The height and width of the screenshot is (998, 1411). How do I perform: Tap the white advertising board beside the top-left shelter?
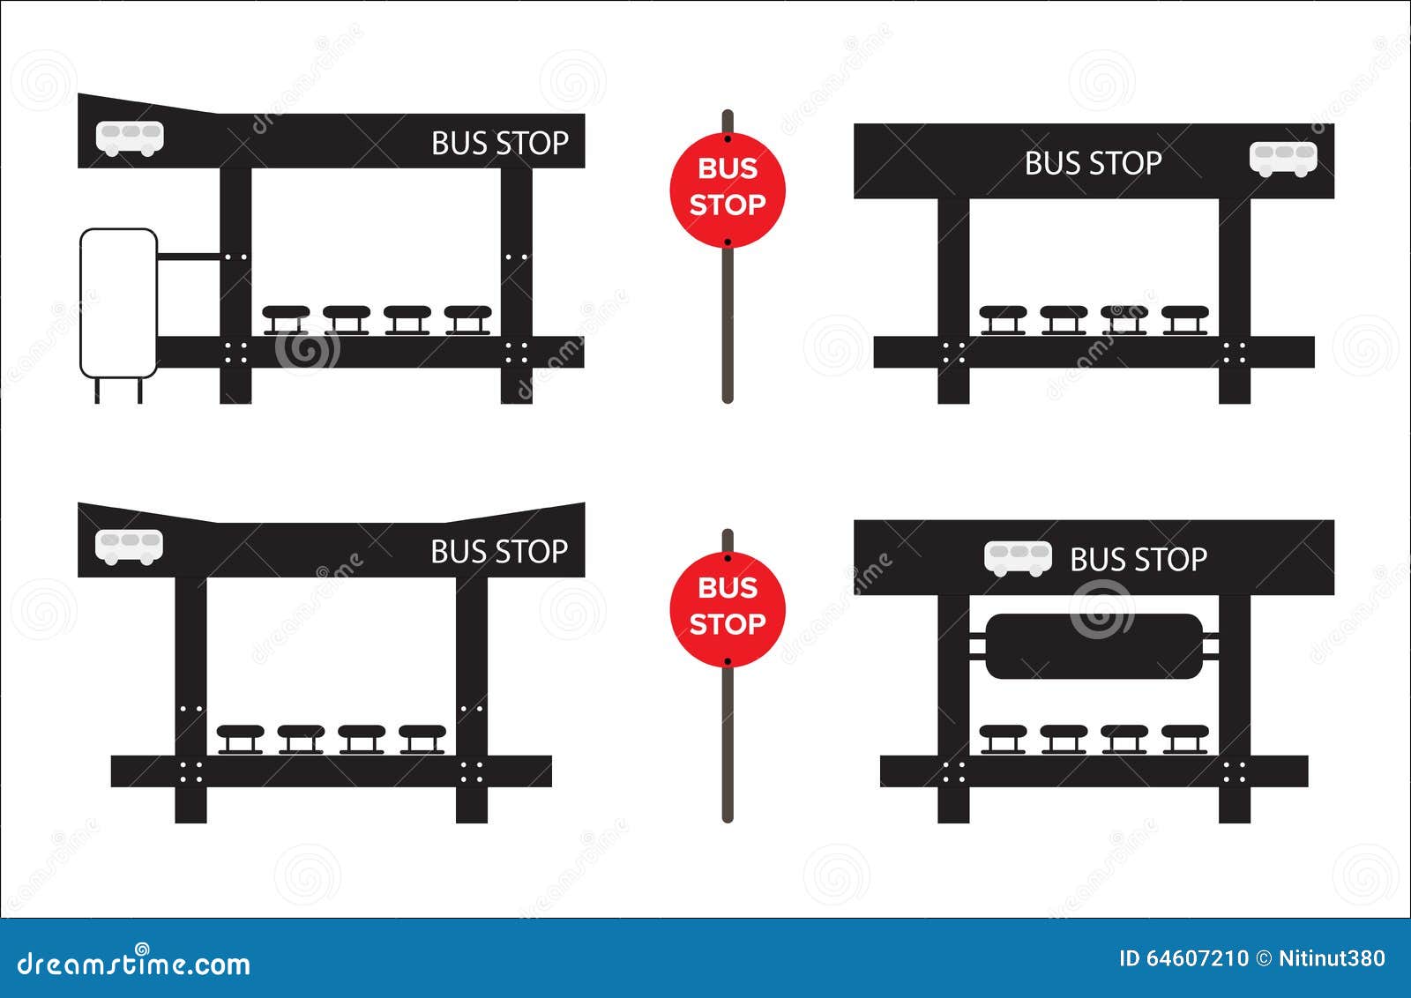pyautogui.click(x=118, y=302)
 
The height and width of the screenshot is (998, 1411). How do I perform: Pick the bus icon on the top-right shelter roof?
pyautogui.click(x=1283, y=159)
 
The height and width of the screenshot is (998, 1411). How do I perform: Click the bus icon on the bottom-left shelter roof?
pyautogui.click(x=130, y=547)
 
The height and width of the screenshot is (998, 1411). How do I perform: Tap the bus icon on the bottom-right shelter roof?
pyautogui.click(x=1018, y=558)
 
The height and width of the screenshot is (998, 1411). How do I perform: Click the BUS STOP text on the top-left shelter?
pyautogui.click(x=499, y=143)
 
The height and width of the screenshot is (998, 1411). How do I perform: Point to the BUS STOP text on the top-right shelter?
pyautogui.click(x=1093, y=163)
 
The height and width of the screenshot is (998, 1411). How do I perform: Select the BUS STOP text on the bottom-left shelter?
pyautogui.click(x=499, y=552)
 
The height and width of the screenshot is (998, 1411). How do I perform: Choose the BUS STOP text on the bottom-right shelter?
pyautogui.click(x=1138, y=560)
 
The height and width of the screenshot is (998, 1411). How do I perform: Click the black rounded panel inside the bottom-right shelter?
pyautogui.click(x=1094, y=646)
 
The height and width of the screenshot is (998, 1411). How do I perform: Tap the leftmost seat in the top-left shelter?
pyautogui.click(x=286, y=318)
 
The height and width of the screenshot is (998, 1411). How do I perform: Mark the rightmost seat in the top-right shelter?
pyautogui.click(x=1184, y=318)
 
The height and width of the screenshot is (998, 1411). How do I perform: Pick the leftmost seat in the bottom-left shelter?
pyautogui.click(x=240, y=738)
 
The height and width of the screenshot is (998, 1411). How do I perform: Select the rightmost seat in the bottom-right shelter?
pyautogui.click(x=1184, y=738)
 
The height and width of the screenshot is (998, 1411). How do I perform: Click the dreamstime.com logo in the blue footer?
pyautogui.click(x=134, y=964)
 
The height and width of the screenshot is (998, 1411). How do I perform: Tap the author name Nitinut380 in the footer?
pyautogui.click(x=1332, y=958)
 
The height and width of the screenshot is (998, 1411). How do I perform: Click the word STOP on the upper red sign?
pyautogui.click(x=727, y=205)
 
